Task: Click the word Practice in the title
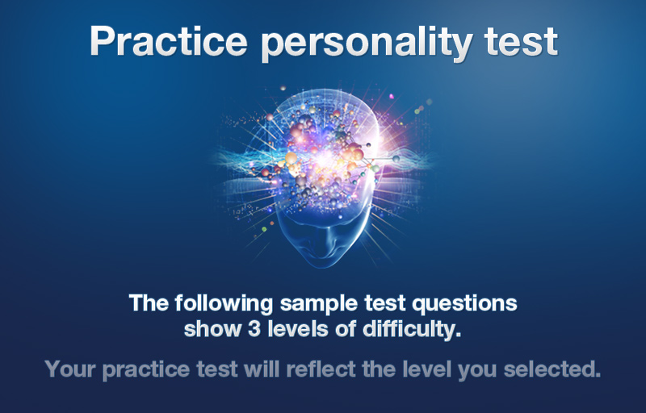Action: tap(169, 40)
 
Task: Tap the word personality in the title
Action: tap(367, 44)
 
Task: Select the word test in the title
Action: tap(521, 42)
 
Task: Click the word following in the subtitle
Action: tap(224, 304)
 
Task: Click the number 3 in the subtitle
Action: tap(254, 329)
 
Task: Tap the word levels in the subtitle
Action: tap(298, 328)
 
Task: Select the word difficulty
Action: tap(412, 330)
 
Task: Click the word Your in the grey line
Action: tap(70, 369)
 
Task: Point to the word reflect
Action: tap(321, 369)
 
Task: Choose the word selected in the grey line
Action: tap(552, 369)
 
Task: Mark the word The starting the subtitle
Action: tap(149, 303)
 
